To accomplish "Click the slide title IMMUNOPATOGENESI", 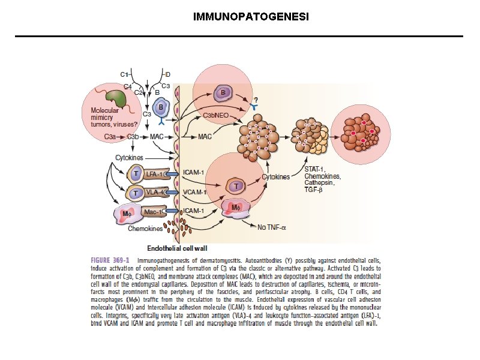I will pos(239,16).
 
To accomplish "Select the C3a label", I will pos(110,137).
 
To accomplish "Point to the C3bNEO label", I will pos(215,115).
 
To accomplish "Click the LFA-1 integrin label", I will pos(154,174).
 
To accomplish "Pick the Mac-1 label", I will pos(153,211).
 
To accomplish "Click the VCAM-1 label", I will pos(194,193).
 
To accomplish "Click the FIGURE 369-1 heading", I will pos(110,260).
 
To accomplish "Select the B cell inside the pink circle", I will pos(223,93).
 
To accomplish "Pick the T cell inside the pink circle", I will pos(235,187).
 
